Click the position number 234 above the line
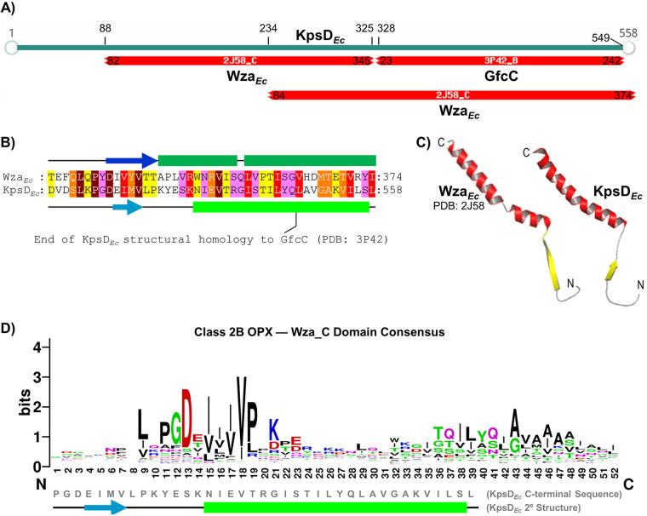coord(268,29)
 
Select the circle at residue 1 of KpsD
coord(10,47)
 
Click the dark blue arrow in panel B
coord(131,159)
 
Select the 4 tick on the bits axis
coord(37,347)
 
